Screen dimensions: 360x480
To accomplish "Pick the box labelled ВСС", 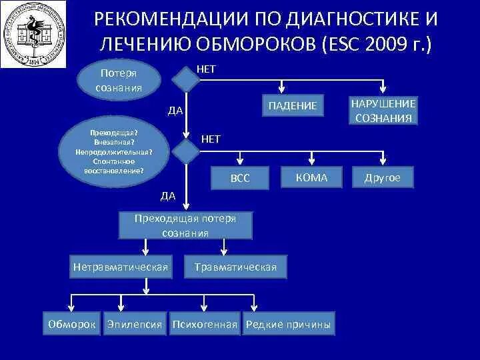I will (240, 179).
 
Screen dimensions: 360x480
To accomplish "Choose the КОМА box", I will (311, 177).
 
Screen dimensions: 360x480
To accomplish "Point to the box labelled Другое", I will (382, 178).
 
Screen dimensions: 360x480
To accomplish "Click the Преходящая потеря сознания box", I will (185, 225).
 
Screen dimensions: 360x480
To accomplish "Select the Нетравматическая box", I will (120, 267).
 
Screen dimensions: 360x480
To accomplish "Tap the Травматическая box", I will (235, 267).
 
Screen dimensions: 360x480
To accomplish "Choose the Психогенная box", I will (205, 325).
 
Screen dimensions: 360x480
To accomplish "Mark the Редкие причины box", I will (288, 325).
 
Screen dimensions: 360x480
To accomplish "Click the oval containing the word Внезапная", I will (113, 151).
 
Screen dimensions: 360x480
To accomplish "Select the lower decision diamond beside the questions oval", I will (186, 152).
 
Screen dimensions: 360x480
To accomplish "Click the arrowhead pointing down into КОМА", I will (311, 161).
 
